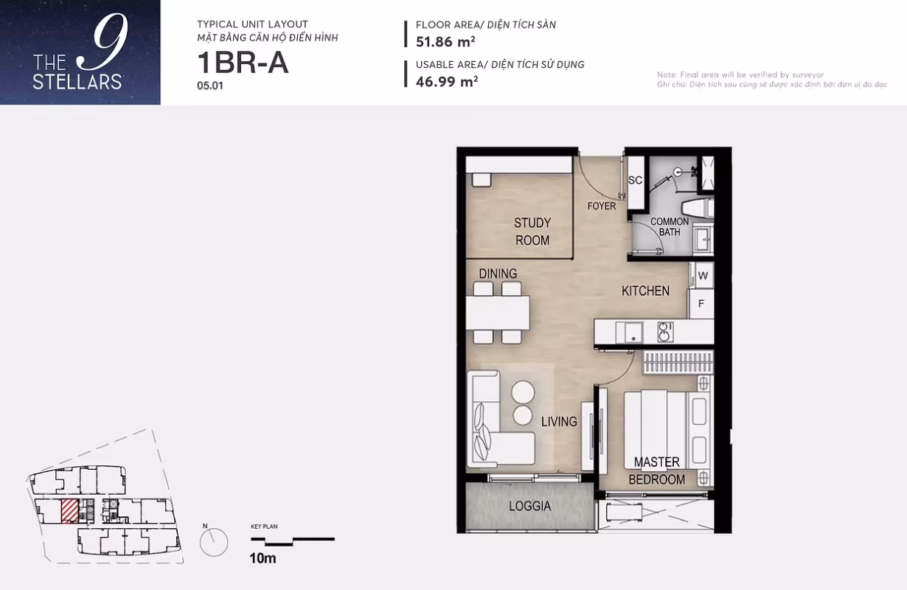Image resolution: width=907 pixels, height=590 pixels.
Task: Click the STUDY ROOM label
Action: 532,232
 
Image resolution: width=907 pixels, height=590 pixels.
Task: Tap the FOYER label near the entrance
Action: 601,206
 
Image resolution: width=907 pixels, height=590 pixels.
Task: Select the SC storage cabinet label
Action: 635,180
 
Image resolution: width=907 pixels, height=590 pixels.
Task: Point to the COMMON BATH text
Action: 670,226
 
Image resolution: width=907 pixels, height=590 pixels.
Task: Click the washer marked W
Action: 703,275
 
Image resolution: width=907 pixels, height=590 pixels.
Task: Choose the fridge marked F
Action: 701,304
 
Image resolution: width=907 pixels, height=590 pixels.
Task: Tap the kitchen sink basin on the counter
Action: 629,333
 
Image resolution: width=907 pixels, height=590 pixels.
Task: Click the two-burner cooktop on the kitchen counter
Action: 665,332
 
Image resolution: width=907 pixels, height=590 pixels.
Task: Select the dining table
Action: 498,313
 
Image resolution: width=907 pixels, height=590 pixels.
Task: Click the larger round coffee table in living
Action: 523,392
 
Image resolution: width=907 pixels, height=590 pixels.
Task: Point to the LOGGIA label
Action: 529,506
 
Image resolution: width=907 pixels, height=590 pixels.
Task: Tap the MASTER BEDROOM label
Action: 657,471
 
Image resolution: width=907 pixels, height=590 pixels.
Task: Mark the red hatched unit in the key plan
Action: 69,511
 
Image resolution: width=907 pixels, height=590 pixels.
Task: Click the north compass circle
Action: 214,542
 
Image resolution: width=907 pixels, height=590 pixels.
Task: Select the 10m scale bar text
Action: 263,558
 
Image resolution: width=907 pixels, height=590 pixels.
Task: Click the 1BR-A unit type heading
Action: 243,63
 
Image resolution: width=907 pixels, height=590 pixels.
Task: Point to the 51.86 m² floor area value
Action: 445,42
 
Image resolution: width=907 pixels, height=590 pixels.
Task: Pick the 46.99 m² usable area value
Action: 447,82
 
